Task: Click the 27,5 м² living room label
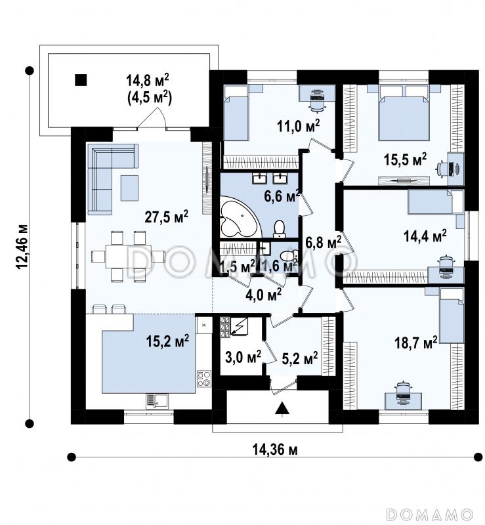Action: tap(166, 217)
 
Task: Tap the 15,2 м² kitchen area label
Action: tap(167, 341)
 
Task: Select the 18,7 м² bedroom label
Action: tap(416, 343)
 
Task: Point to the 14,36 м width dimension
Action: tap(274, 450)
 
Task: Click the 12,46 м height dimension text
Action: tap(22, 247)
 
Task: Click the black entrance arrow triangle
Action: tap(283, 408)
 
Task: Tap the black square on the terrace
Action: tap(81, 80)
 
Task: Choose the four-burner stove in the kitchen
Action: tap(204, 379)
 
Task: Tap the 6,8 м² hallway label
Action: tap(324, 241)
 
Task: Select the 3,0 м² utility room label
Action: tap(243, 358)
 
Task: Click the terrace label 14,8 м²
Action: tap(148, 80)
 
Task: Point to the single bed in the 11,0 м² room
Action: tap(236, 112)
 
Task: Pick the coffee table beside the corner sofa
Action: tap(129, 188)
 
